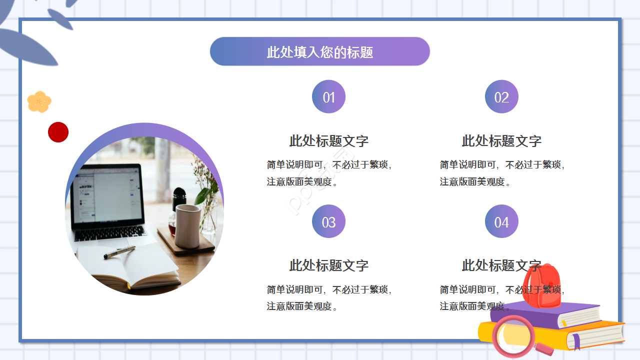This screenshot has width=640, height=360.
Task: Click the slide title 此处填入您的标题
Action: [x=320, y=52]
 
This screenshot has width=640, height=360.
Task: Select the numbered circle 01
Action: [x=328, y=97]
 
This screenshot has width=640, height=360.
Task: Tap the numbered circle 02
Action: [x=501, y=97]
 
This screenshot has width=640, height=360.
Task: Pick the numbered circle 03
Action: [x=328, y=221]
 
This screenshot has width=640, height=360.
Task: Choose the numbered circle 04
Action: [x=501, y=221]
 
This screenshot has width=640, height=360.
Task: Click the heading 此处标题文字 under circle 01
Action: [x=328, y=141]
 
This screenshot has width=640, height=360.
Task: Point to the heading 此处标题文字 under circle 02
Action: [x=501, y=141]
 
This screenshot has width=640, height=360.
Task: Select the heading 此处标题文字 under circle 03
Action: [x=328, y=265]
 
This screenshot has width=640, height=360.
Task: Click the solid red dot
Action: [x=58, y=132]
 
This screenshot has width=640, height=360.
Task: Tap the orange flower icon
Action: [x=39, y=102]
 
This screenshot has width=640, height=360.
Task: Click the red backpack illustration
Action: [x=541, y=286]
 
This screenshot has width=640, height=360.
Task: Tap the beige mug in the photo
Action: [x=187, y=225]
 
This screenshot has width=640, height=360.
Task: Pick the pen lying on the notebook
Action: [x=119, y=252]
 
